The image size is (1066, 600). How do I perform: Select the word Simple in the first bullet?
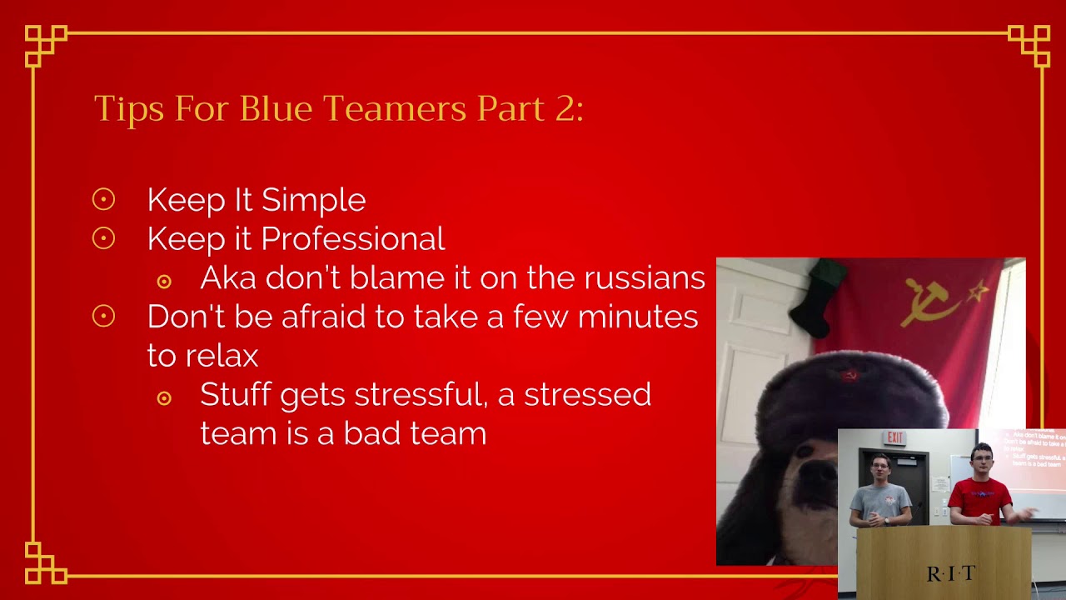pyautogui.click(x=313, y=200)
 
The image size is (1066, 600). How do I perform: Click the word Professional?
pyautogui.click(x=352, y=239)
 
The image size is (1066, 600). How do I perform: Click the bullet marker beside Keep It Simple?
pyautogui.click(x=103, y=199)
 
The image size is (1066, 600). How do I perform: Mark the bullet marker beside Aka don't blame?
pyautogui.click(x=164, y=282)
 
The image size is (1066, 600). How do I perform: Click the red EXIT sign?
pyautogui.click(x=895, y=437)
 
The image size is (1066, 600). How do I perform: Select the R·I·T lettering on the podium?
pyautogui.click(x=950, y=573)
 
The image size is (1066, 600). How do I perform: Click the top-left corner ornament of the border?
pyautogui.click(x=45, y=45)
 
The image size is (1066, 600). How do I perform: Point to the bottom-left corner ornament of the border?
pyautogui.click(x=45, y=562)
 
